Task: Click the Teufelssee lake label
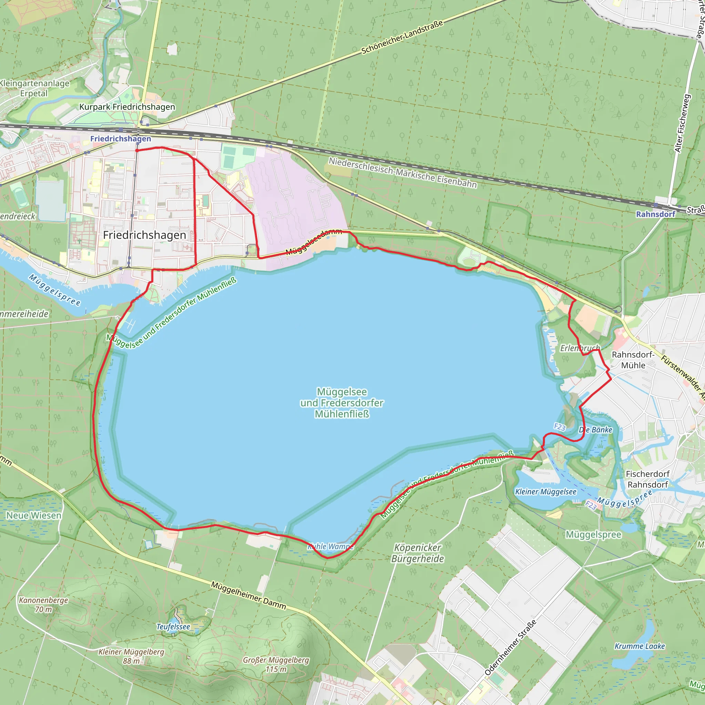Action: click(x=173, y=627)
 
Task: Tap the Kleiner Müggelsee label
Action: click(x=546, y=492)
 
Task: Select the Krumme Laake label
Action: click(x=640, y=646)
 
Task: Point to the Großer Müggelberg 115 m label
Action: click(x=276, y=664)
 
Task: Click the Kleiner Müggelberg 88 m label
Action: click(x=131, y=656)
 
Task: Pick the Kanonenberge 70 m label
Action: click(x=43, y=604)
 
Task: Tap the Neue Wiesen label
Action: click(x=34, y=516)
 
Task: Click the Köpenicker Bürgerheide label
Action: click(x=418, y=553)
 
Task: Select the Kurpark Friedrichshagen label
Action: click(x=127, y=107)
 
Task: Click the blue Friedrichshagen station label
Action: click(x=120, y=139)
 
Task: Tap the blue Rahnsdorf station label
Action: click(x=655, y=214)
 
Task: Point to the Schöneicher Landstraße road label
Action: click(x=402, y=37)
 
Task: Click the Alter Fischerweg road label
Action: click(x=682, y=123)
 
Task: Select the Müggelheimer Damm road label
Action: click(x=249, y=596)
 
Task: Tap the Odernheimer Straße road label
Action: click(x=511, y=648)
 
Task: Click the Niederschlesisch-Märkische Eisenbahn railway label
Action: click(x=402, y=172)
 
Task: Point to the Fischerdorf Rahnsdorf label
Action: click(x=648, y=479)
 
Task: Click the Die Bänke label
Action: click(x=596, y=430)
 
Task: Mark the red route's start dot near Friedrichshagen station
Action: click(x=137, y=150)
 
